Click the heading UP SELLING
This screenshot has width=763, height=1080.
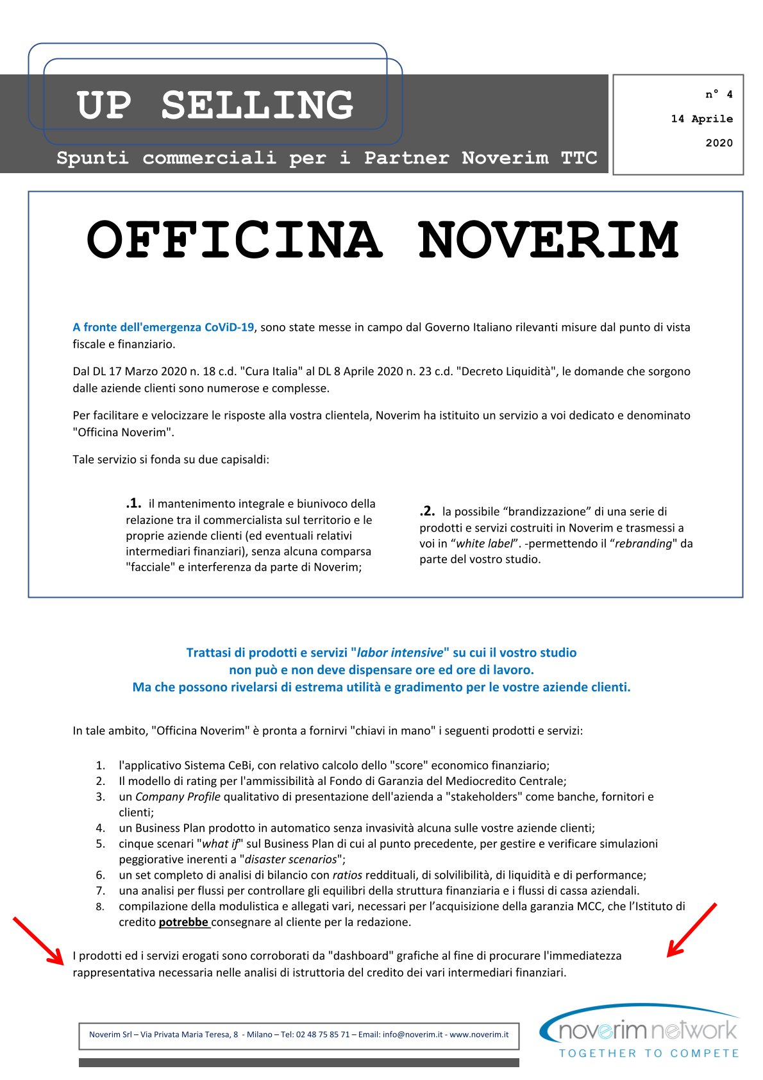tap(215, 105)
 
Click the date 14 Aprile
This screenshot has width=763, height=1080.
tap(701, 119)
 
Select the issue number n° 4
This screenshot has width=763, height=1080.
tap(719, 94)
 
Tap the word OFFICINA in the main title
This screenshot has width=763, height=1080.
tap(235, 240)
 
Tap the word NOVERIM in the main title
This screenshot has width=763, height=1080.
tap(548, 240)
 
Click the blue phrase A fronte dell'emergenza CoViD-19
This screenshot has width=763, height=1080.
tap(163, 327)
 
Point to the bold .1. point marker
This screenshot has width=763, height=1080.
tap(133, 503)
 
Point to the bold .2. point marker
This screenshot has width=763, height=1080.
tap(427, 511)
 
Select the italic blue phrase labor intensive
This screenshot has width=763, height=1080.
tap(399, 652)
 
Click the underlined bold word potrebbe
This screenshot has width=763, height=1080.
tap(184, 922)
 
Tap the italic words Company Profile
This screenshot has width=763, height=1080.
tap(178, 797)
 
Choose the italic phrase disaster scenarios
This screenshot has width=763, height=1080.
tap(290, 859)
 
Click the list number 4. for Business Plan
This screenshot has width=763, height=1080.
tap(101, 828)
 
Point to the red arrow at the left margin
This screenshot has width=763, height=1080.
tap(38, 941)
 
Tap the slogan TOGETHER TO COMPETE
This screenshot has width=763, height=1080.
tap(649, 1053)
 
